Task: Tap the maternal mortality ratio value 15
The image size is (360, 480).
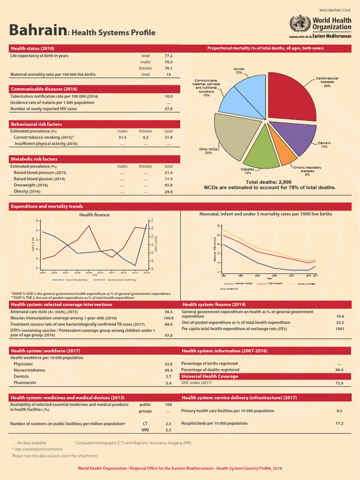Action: pos(169,74)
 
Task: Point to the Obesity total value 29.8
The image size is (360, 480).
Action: pos(169,192)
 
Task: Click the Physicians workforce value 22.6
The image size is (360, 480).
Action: pos(169,364)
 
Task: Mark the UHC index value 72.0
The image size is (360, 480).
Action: pos(339,383)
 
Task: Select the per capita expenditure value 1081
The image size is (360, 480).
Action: pos(339,329)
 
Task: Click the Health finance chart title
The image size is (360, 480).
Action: pos(94,215)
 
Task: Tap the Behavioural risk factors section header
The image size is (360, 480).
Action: pos(37,124)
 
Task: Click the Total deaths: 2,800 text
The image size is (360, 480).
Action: pos(269,181)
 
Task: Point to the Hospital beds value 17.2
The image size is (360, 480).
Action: pos(339,423)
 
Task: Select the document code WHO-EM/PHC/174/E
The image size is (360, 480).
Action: pos(335,9)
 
